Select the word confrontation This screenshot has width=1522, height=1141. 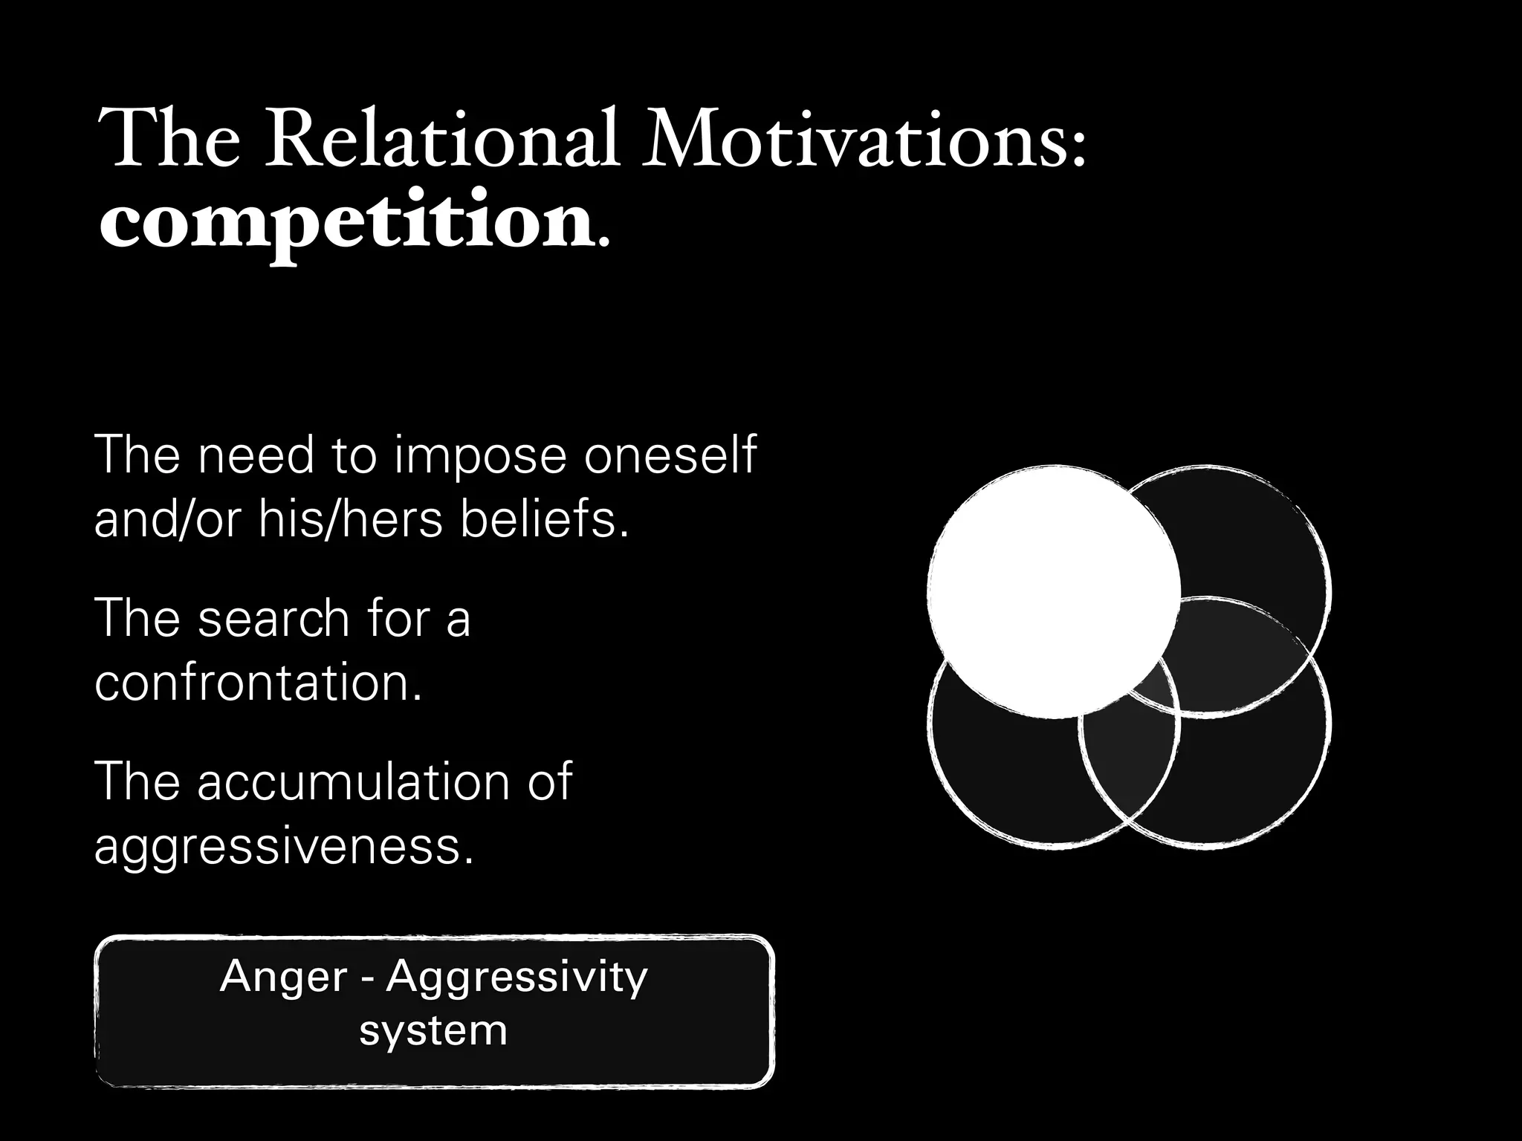(259, 682)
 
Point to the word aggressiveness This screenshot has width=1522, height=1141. (283, 845)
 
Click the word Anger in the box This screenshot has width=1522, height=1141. (283, 977)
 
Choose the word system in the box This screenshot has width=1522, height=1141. (433, 1031)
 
